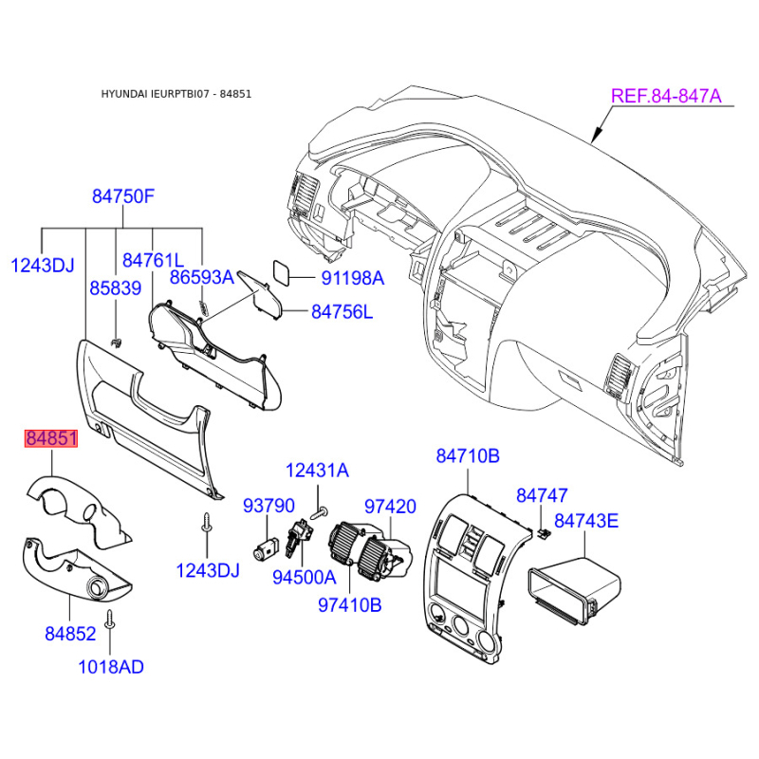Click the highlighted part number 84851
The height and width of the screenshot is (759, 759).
coord(51,438)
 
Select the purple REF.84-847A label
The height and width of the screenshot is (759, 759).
coord(666,96)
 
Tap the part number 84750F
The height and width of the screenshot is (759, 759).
coord(123,196)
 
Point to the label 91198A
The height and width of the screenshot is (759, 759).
coord(353,278)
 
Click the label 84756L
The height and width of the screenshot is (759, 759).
coord(342,312)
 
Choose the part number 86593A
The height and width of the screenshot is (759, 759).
coord(202,277)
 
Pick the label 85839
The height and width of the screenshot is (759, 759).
coord(115,288)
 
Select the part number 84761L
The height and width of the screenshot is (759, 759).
coord(153,260)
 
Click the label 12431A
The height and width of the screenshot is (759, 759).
coord(317,471)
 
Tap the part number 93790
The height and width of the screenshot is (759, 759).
coord(268,506)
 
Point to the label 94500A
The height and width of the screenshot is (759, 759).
coord(304,577)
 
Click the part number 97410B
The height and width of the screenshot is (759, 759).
coord(350,605)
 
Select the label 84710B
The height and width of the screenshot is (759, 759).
coord(468,456)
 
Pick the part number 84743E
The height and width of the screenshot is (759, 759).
coord(586,521)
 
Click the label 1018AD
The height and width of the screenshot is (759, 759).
coord(111,667)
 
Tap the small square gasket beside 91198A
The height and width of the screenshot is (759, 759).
coord(282,272)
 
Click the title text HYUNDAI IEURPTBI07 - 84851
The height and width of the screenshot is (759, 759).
coord(176,94)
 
